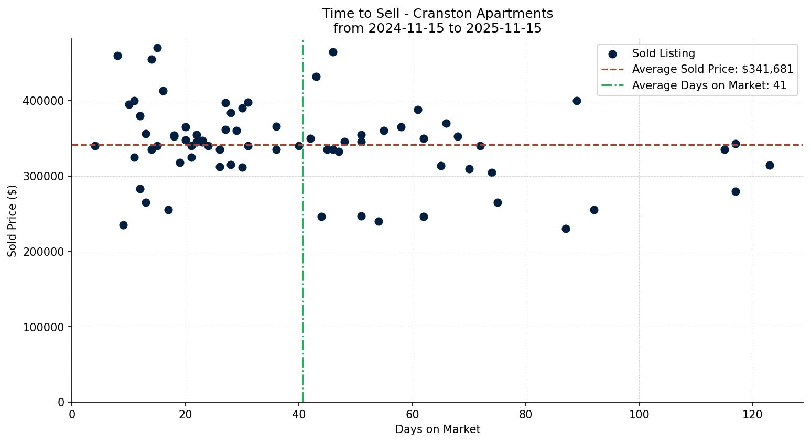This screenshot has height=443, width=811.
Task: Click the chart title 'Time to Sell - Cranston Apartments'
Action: pyautogui.click(x=437, y=14)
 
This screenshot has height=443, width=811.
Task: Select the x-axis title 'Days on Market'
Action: pyautogui.click(x=437, y=429)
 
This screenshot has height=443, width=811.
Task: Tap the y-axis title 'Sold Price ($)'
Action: pyautogui.click(x=13, y=220)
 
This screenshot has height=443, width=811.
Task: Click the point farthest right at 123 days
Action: pyautogui.click(x=770, y=165)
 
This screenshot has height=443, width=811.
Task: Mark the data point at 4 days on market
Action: pyautogui.click(x=95, y=146)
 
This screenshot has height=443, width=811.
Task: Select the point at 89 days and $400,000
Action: pyautogui.click(x=577, y=101)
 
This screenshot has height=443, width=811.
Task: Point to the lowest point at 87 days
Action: pyautogui.click(x=566, y=229)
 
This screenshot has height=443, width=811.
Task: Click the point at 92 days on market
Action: pyautogui.click(x=594, y=210)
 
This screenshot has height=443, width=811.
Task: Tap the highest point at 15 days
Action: pyautogui.click(x=157, y=48)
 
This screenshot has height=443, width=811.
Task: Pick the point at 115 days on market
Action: pyautogui.click(x=725, y=149)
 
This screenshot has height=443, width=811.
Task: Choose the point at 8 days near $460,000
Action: pyautogui.click(x=117, y=56)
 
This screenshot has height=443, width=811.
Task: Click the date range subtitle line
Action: pyautogui.click(x=437, y=28)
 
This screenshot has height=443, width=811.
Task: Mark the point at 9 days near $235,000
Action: pyautogui.click(x=123, y=225)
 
